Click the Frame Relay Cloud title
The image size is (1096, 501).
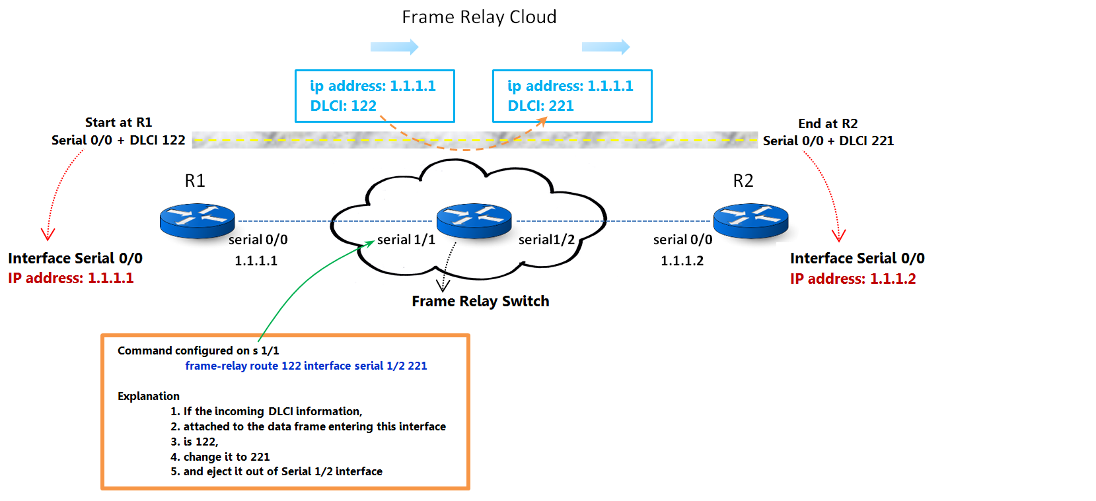pyautogui.click(x=479, y=17)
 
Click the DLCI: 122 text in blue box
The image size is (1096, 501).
pyautogui.click(x=343, y=106)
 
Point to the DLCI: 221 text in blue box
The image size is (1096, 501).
pyautogui.click(x=540, y=106)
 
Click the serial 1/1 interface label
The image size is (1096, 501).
pyautogui.click(x=406, y=240)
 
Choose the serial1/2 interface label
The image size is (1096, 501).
pyautogui.click(x=546, y=240)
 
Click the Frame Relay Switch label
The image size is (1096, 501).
pyautogui.click(x=480, y=301)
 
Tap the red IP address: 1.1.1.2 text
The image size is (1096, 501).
pyautogui.click(x=853, y=279)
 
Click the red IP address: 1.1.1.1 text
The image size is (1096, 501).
pyautogui.click(x=71, y=278)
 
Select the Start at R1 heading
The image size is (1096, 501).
pyautogui.click(x=118, y=122)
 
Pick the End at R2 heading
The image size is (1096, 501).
pyautogui.click(x=828, y=123)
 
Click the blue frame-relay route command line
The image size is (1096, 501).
pyautogui.click(x=306, y=366)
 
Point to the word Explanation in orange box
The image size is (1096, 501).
pyautogui.click(x=149, y=396)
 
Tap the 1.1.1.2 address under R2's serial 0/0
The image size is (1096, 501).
pyautogui.click(x=682, y=261)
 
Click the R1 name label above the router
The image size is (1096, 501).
pyautogui.click(x=195, y=181)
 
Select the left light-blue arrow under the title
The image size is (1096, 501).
pyautogui.click(x=394, y=47)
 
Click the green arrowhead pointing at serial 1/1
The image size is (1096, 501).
pyautogui.click(x=369, y=244)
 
